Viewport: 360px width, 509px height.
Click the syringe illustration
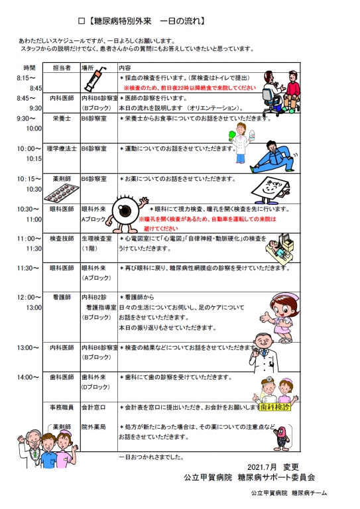point(97,82)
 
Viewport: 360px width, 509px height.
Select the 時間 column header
point(29,68)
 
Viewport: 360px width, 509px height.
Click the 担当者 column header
point(62,68)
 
